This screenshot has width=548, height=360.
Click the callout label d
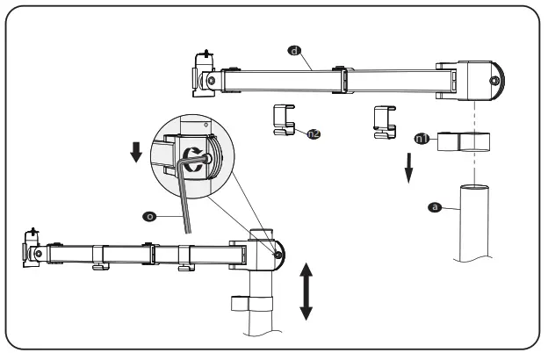point(293,52)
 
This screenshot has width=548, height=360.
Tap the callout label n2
point(313,133)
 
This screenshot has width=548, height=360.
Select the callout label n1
point(422,137)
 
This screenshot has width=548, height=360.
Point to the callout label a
point(433,206)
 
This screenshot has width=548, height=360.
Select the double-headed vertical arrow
point(306,289)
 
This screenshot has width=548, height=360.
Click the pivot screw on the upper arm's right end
point(494,82)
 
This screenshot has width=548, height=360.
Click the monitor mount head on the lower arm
point(33,249)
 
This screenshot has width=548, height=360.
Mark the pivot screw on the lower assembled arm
point(278,256)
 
